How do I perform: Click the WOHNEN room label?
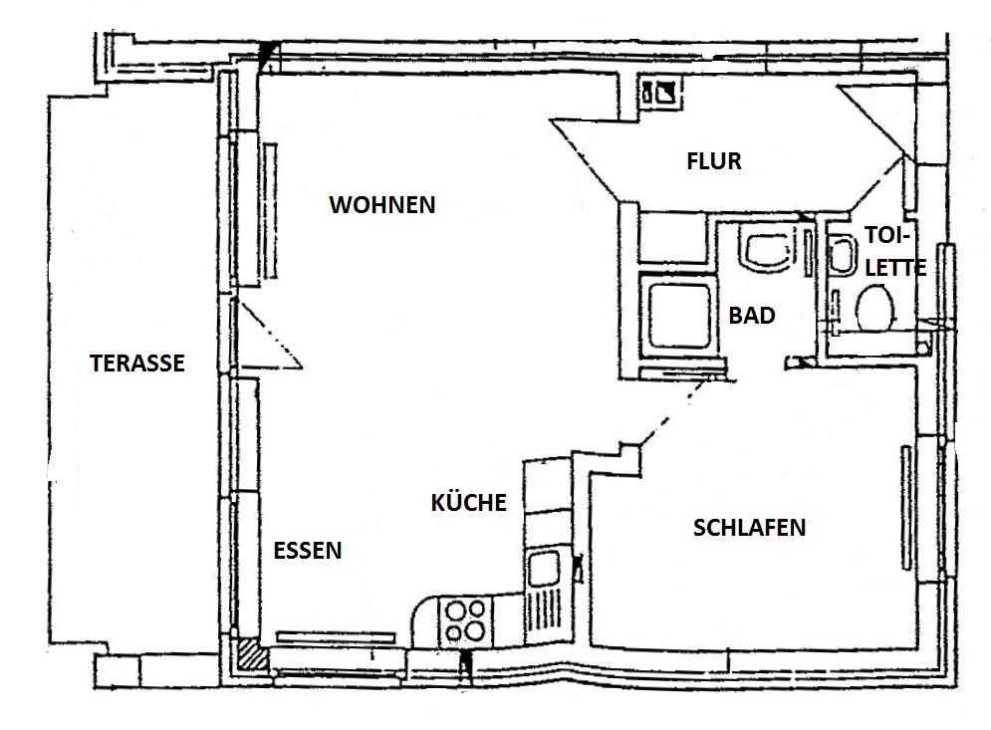pos(382,205)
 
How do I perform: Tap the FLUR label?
pos(714,161)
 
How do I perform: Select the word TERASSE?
pos(137,364)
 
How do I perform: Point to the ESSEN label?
pos(307,551)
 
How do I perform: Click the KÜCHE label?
pos(468,503)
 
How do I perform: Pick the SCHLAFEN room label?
pos(750,528)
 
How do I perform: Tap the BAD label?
pos(752,316)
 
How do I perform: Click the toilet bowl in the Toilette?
pos(874,308)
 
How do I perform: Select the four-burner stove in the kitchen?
pos(465,620)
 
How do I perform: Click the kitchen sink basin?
pos(544,569)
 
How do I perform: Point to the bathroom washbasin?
pos(766,253)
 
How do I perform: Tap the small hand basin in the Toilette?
pos(842,256)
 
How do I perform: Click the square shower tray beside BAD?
pos(679,316)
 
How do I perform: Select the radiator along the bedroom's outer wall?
pos(906,508)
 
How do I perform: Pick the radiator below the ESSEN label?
pos(336,637)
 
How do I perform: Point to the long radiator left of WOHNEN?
pos(270,210)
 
